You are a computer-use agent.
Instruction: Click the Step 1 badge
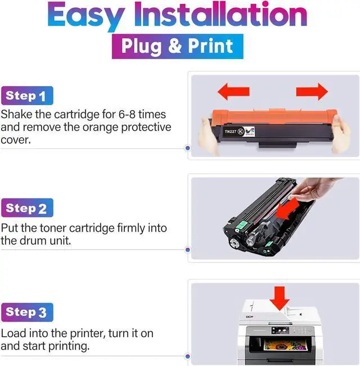pyautogui.click(x=27, y=96)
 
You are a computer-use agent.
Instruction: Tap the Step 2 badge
pyautogui.click(x=27, y=208)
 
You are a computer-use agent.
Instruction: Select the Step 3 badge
pyautogui.click(x=27, y=313)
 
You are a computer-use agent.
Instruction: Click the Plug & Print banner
pyautogui.click(x=178, y=46)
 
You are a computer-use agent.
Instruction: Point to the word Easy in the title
pyautogui.click(x=87, y=16)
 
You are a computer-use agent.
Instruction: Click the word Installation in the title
pyautogui.click(x=220, y=14)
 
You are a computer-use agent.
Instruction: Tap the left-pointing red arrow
pyautogui.click(x=233, y=92)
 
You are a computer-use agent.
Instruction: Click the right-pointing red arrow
pyautogui.click(x=312, y=92)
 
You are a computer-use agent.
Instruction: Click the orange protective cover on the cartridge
pyautogui.click(x=274, y=116)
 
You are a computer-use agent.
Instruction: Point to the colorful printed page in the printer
pyautogui.click(x=285, y=345)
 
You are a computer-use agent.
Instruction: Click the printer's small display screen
pyautogui.click(x=280, y=331)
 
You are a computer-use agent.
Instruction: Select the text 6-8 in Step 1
pyautogui.click(x=127, y=114)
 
